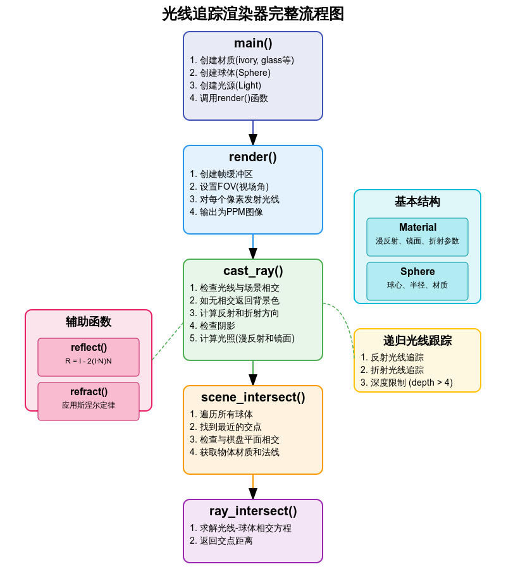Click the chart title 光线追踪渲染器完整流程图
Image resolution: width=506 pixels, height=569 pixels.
253,14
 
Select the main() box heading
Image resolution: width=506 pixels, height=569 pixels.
253,43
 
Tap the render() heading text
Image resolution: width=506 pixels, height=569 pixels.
253,157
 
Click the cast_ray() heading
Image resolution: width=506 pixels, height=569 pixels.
253,271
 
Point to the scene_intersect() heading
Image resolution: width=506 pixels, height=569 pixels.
253,398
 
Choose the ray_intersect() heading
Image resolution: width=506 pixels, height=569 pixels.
253,511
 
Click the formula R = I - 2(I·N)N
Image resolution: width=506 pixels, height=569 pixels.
89,361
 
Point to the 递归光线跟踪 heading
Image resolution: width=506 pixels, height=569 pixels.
417,341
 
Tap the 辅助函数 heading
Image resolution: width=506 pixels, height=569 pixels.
89,322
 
